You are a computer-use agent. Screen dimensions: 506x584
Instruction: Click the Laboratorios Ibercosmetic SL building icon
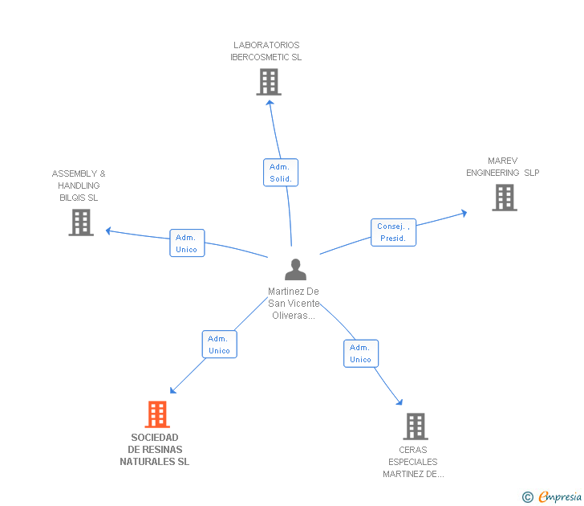pyautogui.click(x=269, y=82)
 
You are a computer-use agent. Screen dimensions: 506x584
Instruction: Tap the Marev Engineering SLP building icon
pyautogui.click(x=504, y=198)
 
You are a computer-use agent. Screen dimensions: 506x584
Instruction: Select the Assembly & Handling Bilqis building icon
pyautogui.click(x=81, y=222)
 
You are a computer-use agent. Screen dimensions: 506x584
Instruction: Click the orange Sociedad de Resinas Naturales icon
pyautogui.click(x=157, y=414)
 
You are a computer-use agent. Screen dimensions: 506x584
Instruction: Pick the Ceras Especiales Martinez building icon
pyautogui.click(x=415, y=426)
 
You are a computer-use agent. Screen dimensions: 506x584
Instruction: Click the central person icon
pyautogui.click(x=295, y=270)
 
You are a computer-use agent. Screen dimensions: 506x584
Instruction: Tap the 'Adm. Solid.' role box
pyautogui.click(x=281, y=173)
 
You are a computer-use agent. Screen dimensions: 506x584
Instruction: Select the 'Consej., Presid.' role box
pyautogui.click(x=393, y=232)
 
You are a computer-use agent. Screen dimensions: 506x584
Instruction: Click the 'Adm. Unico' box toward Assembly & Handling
pyautogui.click(x=186, y=243)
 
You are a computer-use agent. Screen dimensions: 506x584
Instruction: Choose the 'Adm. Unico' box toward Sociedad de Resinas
pyautogui.click(x=219, y=345)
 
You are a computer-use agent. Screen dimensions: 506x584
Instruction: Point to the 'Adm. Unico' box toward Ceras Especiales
pyautogui.click(x=360, y=353)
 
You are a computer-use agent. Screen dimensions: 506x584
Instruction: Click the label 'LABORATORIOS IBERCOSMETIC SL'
pyautogui.click(x=266, y=51)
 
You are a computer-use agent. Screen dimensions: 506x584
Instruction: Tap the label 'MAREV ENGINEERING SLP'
pyautogui.click(x=503, y=167)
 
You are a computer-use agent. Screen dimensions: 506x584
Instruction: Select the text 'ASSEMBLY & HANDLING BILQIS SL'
pyautogui.click(x=79, y=186)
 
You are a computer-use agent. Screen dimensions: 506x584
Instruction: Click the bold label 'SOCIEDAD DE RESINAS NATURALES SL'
pyautogui.click(x=155, y=450)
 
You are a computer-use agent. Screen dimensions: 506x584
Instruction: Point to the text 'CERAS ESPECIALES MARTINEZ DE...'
pyautogui.click(x=413, y=462)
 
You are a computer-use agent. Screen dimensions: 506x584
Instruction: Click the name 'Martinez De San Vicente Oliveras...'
pyautogui.click(x=294, y=304)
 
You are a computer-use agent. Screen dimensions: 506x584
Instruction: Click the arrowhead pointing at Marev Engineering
pyautogui.click(x=464, y=213)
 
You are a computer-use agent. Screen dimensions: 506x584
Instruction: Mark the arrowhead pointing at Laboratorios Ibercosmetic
pyautogui.click(x=270, y=101)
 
